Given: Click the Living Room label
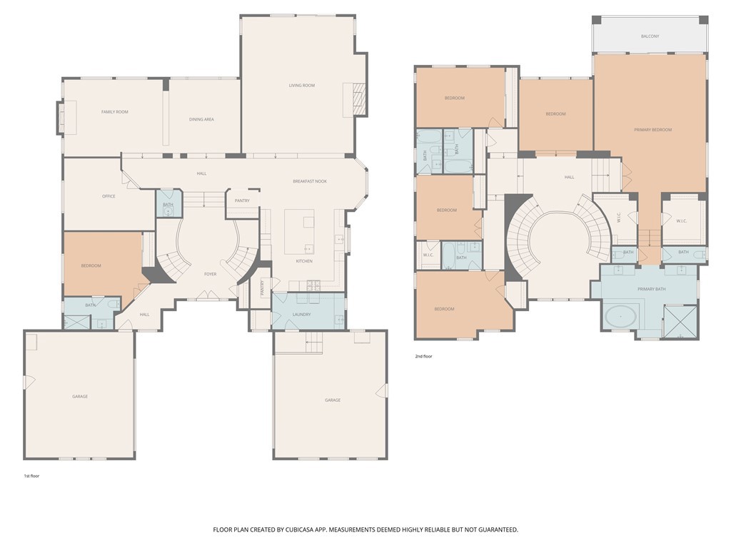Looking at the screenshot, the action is [x=302, y=86].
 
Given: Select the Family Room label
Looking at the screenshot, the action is [x=115, y=112].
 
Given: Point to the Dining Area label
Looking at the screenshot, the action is [x=201, y=119].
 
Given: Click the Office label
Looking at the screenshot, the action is [x=109, y=196].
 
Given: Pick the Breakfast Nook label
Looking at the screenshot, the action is [x=310, y=181].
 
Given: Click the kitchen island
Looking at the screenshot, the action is [x=299, y=232].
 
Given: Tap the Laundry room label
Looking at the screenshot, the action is [x=302, y=315].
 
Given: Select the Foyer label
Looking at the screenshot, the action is [x=211, y=274].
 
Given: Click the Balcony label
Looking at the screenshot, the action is [x=650, y=36].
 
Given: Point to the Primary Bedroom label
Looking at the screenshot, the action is [x=652, y=130].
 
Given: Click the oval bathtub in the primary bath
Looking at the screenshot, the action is [x=620, y=317].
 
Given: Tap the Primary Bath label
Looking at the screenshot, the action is [x=651, y=290].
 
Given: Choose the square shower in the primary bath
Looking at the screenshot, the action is [x=680, y=321].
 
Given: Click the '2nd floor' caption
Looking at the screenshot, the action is [x=424, y=357].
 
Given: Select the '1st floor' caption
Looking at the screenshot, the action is [x=31, y=476].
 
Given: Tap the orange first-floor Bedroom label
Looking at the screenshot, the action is [x=91, y=265].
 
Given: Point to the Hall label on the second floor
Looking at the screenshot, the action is [x=569, y=177].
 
